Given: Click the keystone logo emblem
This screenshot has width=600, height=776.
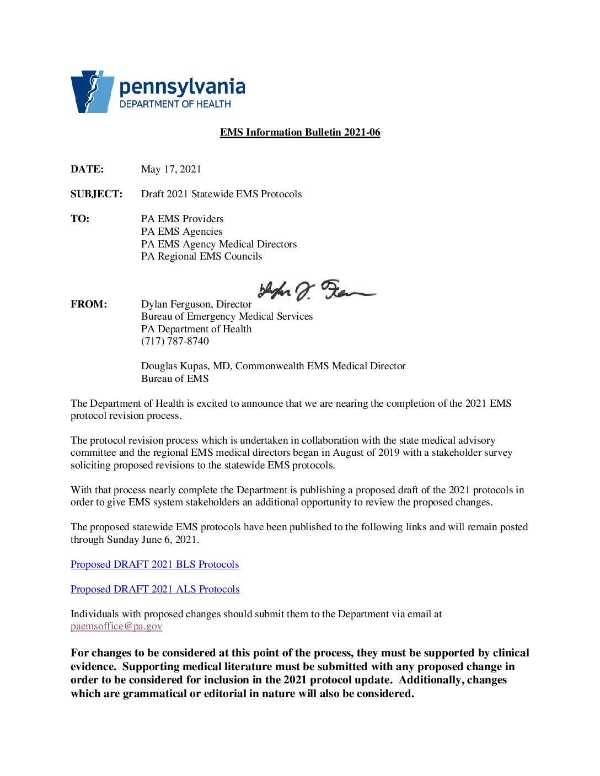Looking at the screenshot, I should click(92, 91).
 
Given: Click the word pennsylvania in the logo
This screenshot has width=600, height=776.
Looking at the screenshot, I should click(182, 87).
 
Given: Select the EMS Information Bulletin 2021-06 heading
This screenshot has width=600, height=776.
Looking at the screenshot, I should click(300, 132).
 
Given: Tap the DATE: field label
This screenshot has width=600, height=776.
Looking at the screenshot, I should click(87, 169).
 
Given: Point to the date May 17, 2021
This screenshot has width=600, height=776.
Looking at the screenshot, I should click(171, 169).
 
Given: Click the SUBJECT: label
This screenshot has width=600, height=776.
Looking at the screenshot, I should click(97, 194).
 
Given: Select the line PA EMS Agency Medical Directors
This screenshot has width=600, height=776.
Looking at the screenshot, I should click(218, 244).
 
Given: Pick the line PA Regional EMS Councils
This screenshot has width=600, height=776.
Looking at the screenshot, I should click(201, 256).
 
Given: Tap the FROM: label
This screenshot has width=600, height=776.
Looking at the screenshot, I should click(89, 304).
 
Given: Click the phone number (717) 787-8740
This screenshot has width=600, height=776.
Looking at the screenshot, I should click(175, 341).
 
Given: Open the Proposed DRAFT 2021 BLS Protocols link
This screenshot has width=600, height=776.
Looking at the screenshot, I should click(154, 564).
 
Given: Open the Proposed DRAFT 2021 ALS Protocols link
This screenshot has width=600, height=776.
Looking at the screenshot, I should click(155, 589).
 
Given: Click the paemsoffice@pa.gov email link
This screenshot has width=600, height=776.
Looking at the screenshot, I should click(116, 626).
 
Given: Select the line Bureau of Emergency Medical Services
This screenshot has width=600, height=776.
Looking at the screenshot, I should click(227, 316).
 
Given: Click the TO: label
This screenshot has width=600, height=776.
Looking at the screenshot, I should click(80, 219).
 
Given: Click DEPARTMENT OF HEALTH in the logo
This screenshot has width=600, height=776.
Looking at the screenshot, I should click(175, 104).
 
